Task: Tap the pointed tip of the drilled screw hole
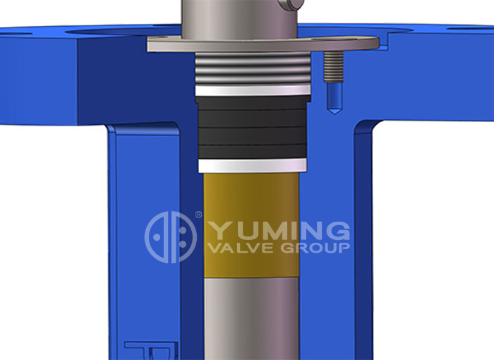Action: coord(332,109)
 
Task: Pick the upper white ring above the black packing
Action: coord(251,90)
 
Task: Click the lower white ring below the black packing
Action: coord(251,165)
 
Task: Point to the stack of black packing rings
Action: coord(251,127)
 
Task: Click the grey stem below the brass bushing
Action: coord(251,318)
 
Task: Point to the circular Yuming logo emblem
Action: coord(170,237)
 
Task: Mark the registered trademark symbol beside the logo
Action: coord(198,215)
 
